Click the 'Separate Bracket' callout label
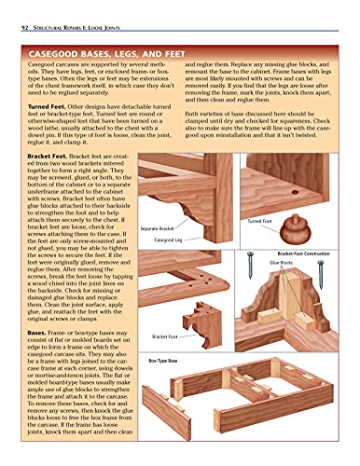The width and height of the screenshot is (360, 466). tap(159, 228)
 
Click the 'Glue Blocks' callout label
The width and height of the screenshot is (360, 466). tap(282, 264)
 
